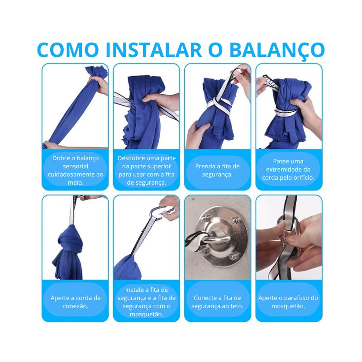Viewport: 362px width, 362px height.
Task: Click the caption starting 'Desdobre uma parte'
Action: point(146,170)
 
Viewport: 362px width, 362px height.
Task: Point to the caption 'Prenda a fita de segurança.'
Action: point(217,170)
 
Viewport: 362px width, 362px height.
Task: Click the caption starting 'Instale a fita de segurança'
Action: point(146,301)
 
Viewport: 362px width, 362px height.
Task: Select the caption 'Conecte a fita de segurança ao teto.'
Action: point(217,301)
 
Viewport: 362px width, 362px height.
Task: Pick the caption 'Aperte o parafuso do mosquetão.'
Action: point(288,301)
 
